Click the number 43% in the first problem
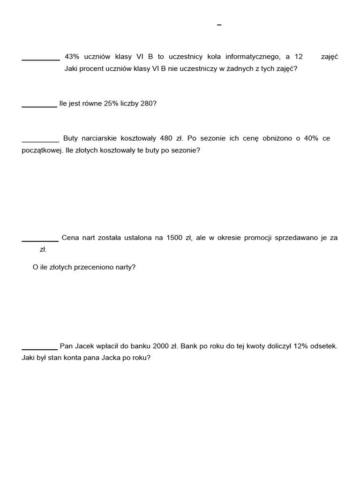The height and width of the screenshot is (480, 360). tap(72, 57)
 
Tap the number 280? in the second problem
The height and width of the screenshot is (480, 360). tap(148, 104)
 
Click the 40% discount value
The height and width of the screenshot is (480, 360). tap(311, 138)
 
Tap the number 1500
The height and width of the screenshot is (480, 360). tap(174, 238)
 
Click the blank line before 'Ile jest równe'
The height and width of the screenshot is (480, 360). tap(39, 106)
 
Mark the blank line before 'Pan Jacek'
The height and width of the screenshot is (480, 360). tap(39, 349)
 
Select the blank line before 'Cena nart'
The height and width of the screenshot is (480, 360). tap(40, 240)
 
